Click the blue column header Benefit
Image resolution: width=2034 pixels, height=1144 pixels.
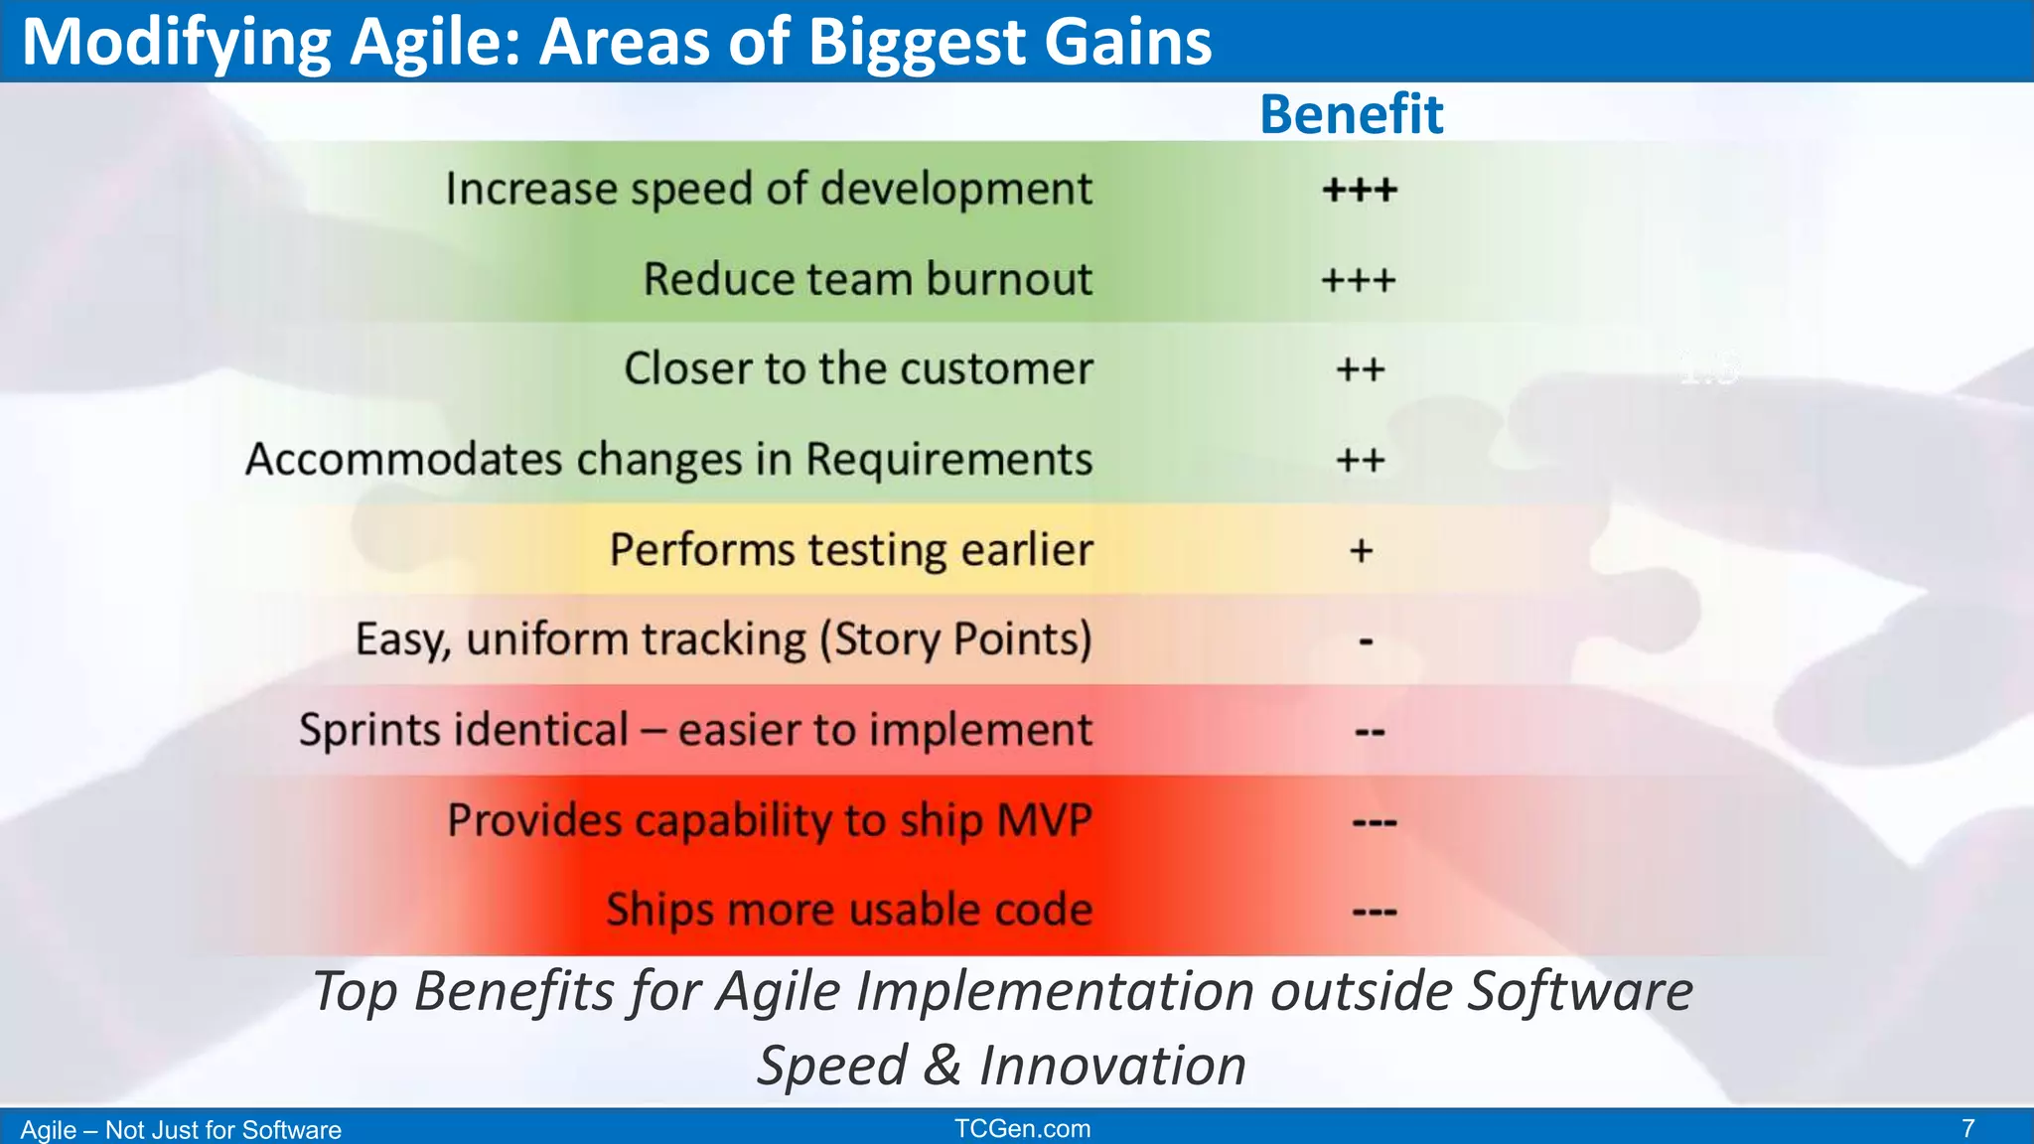coord(1351,114)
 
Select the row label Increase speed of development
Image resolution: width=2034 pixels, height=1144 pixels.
coord(769,189)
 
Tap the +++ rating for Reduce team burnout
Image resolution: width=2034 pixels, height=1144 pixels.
coord(1358,280)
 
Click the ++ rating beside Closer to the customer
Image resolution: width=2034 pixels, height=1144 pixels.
coord(1360,370)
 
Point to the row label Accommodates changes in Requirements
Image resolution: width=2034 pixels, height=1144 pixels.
coord(668,460)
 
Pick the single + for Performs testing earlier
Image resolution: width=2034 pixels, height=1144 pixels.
coord(1361,550)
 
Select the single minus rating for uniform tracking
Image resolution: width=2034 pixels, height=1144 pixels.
coord(1366,643)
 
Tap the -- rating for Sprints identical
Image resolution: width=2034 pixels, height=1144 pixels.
coord(1370,733)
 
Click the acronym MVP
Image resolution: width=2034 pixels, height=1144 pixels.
coord(1044,820)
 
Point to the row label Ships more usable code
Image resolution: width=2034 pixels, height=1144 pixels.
coord(849,910)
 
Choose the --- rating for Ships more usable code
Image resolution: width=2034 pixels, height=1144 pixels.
coord(1375,912)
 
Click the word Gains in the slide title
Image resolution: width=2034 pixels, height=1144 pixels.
coord(1127,42)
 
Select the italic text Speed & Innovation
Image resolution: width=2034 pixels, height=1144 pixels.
coord(1001,1066)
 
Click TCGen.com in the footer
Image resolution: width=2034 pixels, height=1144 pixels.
coord(1022,1129)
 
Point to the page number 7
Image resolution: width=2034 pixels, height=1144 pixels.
coord(1967,1129)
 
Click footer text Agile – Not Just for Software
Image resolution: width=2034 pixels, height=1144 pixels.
coord(181,1130)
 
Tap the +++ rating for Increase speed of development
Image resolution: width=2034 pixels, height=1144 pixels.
coord(1360,190)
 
